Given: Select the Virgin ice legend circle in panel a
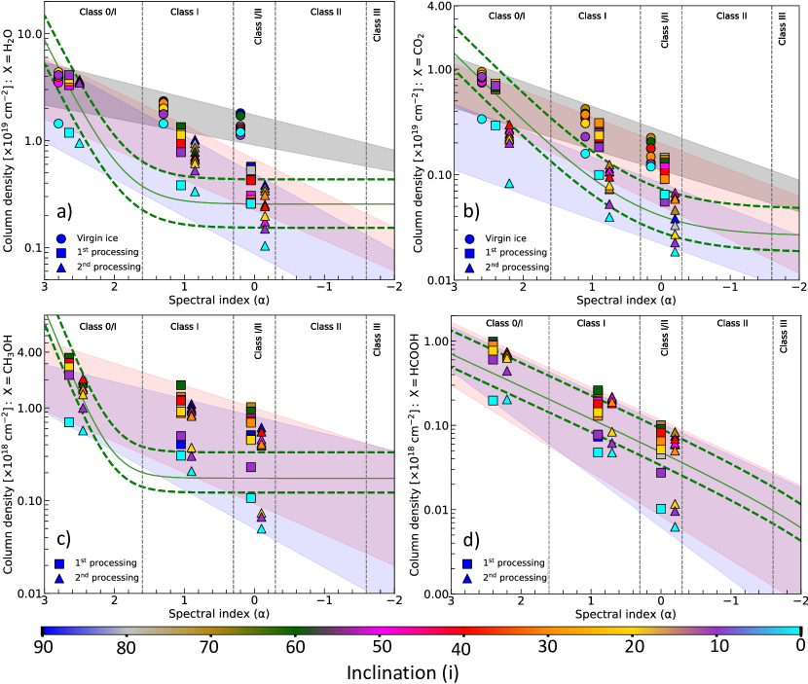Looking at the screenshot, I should coord(60,237).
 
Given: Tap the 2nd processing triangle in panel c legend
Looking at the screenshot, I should coord(60,577).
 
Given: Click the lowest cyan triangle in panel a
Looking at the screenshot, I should coord(266,247).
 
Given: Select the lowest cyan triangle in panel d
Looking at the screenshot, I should coord(675,527).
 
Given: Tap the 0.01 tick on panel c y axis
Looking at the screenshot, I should coord(25,593).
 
